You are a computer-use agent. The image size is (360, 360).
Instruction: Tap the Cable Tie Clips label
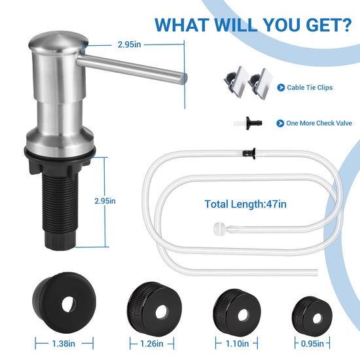point(310,88)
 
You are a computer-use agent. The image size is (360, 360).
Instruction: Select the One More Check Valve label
point(319,123)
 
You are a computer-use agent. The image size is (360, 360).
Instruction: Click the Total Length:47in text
point(245,204)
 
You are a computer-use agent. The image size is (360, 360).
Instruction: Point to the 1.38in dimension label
point(63,344)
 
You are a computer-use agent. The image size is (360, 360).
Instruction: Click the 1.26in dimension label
point(152,344)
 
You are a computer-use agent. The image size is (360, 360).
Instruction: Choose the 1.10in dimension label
point(237,344)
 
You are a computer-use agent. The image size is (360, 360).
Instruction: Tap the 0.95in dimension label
point(312,344)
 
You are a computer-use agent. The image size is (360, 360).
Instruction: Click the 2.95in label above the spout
point(129,45)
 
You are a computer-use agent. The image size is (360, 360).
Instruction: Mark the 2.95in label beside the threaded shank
point(105,201)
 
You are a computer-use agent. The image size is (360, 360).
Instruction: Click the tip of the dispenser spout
point(184,79)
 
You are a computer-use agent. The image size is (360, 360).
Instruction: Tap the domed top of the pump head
point(58,41)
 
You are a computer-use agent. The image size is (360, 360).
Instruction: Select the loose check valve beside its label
point(248,123)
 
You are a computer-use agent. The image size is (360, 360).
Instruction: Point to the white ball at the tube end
point(219,228)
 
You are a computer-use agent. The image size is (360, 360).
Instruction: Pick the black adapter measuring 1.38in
point(64,302)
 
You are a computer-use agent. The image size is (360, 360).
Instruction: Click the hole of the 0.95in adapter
point(317,318)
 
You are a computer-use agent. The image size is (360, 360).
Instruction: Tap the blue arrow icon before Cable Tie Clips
point(281,88)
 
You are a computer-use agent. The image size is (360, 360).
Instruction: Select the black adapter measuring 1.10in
point(237,313)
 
